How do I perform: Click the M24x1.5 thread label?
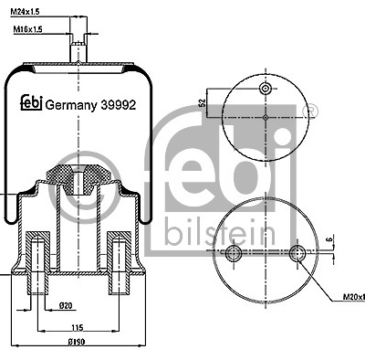coord(26,12)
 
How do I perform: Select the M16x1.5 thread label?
coord(27,29)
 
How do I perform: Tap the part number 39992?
coord(118,105)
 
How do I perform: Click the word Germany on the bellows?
coord(71,106)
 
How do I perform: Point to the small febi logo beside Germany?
coord(31,102)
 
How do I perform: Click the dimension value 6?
coord(331,239)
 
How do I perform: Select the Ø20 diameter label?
coord(66,305)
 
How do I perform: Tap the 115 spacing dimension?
coord(78,328)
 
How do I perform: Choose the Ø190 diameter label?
coord(77,342)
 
